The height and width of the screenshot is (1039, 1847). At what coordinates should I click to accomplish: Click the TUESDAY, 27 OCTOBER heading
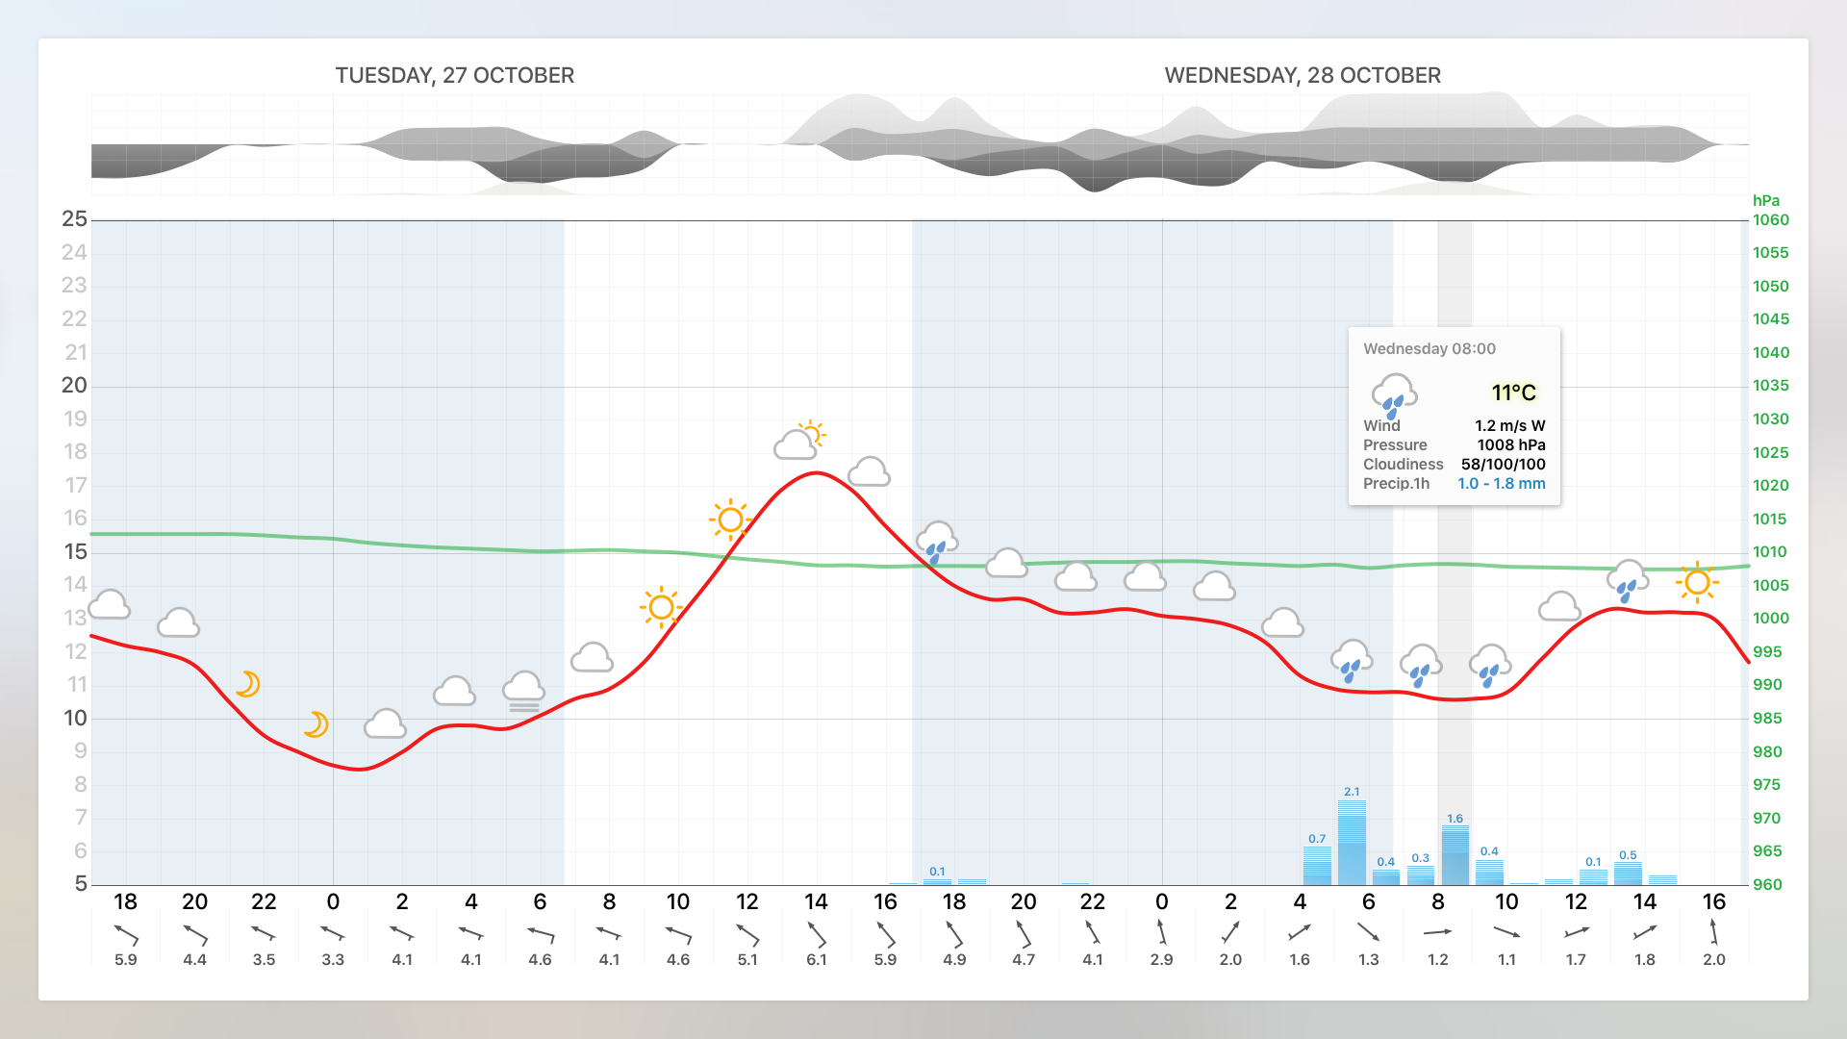click(454, 75)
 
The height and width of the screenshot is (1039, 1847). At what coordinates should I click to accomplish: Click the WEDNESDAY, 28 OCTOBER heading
click(1302, 75)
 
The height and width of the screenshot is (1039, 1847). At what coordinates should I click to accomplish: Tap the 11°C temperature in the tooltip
click(1513, 393)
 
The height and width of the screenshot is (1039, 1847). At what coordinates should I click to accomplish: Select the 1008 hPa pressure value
click(1510, 444)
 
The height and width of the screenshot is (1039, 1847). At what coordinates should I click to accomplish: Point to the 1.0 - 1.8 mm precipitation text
click(1501, 483)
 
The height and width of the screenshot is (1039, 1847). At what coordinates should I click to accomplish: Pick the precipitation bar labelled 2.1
click(1352, 843)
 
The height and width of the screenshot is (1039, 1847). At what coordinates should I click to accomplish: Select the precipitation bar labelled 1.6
click(1455, 855)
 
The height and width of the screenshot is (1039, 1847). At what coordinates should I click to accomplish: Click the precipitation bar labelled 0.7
click(1317, 865)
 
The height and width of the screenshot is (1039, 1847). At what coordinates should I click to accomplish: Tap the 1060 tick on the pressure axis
click(1770, 219)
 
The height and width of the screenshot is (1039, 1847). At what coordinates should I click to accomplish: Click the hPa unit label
click(1765, 200)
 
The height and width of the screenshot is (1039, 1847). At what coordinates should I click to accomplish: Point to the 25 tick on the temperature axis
click(75, 219)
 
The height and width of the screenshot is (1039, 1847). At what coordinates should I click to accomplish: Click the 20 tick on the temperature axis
click(75, 385)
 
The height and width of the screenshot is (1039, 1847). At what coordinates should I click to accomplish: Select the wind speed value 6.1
click(816, 959)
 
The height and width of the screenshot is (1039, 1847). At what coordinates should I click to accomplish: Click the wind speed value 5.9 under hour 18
click(126, 959)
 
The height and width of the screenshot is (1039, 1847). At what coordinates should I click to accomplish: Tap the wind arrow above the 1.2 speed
click(1437, 931)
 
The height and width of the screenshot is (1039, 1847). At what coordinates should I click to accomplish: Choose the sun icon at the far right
click(1697, 582)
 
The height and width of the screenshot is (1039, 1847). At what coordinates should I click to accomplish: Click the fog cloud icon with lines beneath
click(523, 691)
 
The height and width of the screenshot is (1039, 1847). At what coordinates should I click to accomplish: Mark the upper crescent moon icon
click(248, 684)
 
